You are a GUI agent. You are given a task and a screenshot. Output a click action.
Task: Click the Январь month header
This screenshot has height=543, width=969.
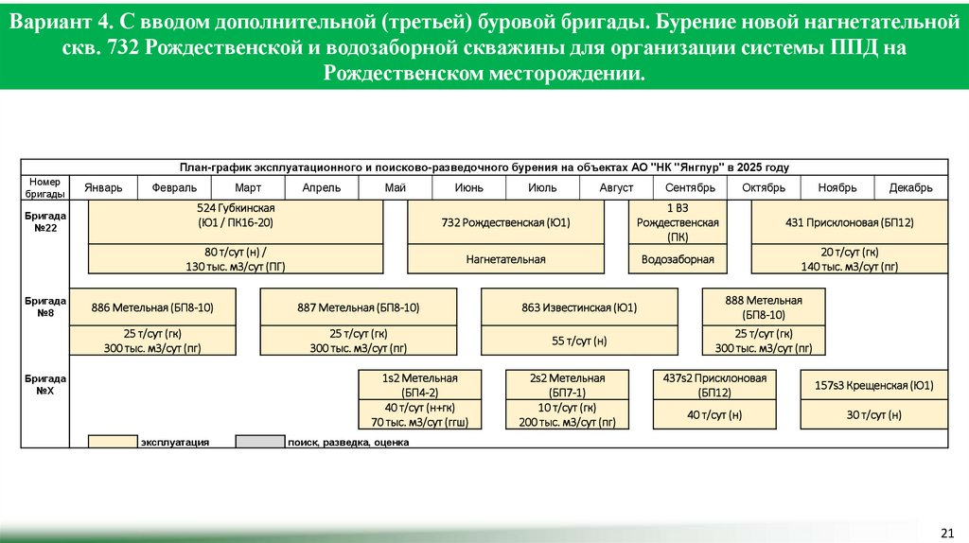point(103,187)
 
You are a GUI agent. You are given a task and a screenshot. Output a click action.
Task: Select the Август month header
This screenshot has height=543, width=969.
point(616,187)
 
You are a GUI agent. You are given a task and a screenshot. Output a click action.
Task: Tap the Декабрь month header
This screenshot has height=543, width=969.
point(910,187)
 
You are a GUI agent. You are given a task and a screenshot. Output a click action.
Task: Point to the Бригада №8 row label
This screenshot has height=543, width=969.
point(44,306)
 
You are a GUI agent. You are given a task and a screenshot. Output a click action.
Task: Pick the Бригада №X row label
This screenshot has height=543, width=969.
point(44,383)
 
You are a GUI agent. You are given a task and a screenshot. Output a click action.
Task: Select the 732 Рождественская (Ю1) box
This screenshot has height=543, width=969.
point(505,222)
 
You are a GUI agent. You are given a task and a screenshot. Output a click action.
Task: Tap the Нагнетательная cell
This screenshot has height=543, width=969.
point(505,258)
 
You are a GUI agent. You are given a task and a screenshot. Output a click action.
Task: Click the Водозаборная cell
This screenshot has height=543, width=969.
point(678,258)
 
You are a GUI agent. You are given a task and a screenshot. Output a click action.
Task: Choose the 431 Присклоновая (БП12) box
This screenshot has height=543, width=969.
point(849,222)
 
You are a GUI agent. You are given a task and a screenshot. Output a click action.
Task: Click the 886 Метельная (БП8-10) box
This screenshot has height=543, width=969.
point(152,307)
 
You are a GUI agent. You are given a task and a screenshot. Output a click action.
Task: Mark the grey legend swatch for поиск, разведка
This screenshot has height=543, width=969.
point(259,441)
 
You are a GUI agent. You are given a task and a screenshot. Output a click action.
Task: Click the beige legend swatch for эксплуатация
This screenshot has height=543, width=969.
point(113,441)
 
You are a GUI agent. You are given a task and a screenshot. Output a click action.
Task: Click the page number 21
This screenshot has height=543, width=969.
point(947,531)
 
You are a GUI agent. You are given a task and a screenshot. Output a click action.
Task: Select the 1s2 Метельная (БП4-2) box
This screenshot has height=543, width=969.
point(419,384)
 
